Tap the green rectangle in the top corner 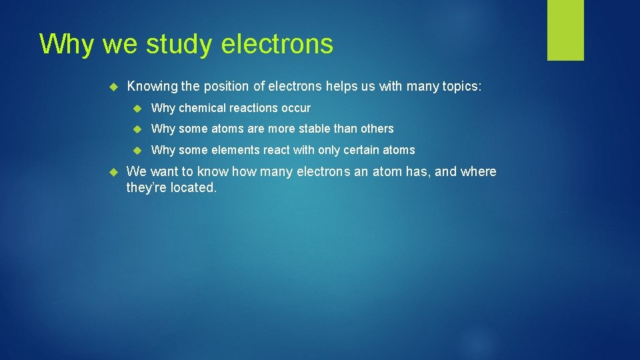click(x=565, y=30)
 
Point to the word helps click(x=341, y=86)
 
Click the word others click(x=377, y=129)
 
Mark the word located click(x=193, y=188)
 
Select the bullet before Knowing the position click(x=113, y=86)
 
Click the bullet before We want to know click(x=113, y=171)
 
